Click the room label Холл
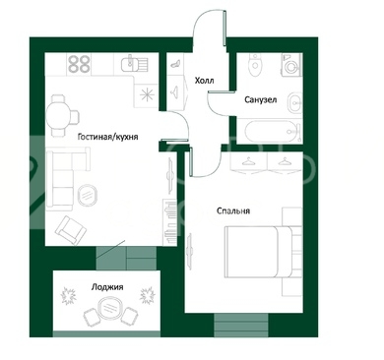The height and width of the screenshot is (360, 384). point(204,81)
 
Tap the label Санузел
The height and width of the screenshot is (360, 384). point(261,99)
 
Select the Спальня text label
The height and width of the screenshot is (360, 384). point(233,210)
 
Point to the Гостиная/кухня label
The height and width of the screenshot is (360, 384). point(107,137)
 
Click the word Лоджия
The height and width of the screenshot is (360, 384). point(107,287)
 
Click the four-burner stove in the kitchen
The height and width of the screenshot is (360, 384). point(79,64)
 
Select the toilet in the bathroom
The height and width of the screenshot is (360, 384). point(255,65)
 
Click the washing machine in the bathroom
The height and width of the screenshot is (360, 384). point(291,65)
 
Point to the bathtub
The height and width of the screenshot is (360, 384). point(273,132)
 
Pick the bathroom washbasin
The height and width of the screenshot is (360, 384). point(295,103)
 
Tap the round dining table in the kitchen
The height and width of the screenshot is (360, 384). point(58,116)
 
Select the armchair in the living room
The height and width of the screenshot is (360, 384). point(71,230)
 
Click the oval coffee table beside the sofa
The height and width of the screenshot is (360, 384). point(88,195)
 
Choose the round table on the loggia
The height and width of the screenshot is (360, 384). point(110,307)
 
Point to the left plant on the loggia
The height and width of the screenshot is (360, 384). point(68,296)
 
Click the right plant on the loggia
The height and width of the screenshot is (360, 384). point(147,296)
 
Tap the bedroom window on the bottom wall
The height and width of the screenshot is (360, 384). point(241,325)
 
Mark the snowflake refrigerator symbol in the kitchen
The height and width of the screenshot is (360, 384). point(147,94)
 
